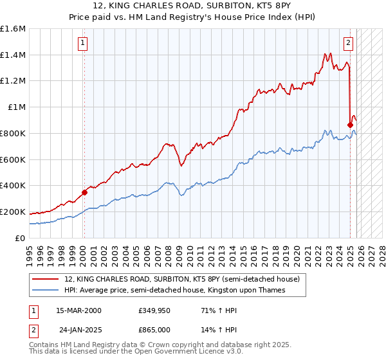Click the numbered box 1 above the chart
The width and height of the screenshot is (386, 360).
click(x=84, y=44)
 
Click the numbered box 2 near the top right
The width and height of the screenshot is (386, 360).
click(x=348, y=44)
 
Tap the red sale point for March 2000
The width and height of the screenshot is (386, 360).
click(x=84, y=192)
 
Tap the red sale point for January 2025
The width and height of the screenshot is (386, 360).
click(x=350, y=124)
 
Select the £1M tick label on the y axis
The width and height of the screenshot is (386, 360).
click(x=16, y=107)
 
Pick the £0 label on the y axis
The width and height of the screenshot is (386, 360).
click(x=21, y=238)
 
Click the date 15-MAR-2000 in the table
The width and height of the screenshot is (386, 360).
click(x=78, y=310)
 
